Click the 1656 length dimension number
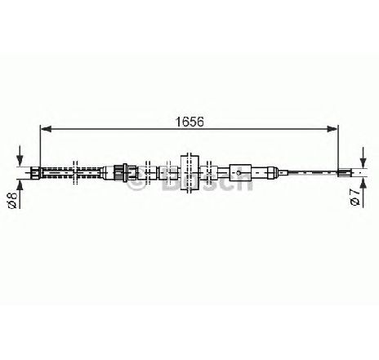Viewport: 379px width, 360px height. pyautogui.click(x=189, y=122)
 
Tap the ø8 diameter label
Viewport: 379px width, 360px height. pyautogui.click(x=13, y=200)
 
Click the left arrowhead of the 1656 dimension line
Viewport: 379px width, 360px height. pyautogui.click(x=46, y=129)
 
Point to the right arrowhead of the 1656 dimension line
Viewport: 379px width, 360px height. pyautogui.click(x=332, y=129)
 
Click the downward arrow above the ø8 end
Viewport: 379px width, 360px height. pyautogui.click(x=20, y=156)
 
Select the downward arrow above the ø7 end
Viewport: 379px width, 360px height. pyautogui.click(x=363, y=157)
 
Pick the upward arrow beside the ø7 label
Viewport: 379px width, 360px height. pyautogui.click(x=363, y=192)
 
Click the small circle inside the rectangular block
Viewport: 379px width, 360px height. pyautogui.click(x=239, y=172)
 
